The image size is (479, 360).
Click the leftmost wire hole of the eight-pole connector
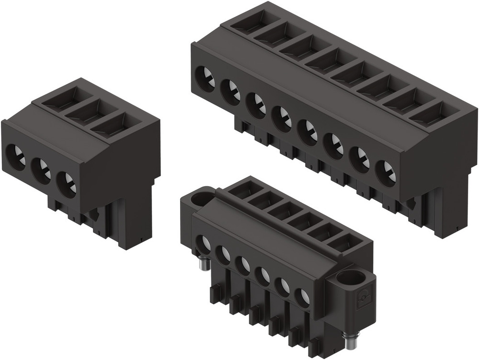[206, 78]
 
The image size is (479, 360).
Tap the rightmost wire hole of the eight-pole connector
[386, 173]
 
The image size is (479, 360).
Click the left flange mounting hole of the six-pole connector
[200, 197]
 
